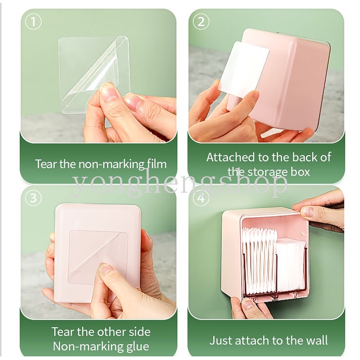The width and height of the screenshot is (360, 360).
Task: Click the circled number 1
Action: point(33,22)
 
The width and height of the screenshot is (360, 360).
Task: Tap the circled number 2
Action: point(201,22)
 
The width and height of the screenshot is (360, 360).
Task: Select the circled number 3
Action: point(33,198)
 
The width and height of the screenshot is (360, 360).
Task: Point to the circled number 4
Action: point(201,198)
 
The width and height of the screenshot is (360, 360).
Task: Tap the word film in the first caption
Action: point(157,164)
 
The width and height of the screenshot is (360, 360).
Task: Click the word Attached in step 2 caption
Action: point(230,157)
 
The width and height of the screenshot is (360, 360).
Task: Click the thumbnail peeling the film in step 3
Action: point(105,269)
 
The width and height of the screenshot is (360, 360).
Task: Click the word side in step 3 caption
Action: point(140,332)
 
